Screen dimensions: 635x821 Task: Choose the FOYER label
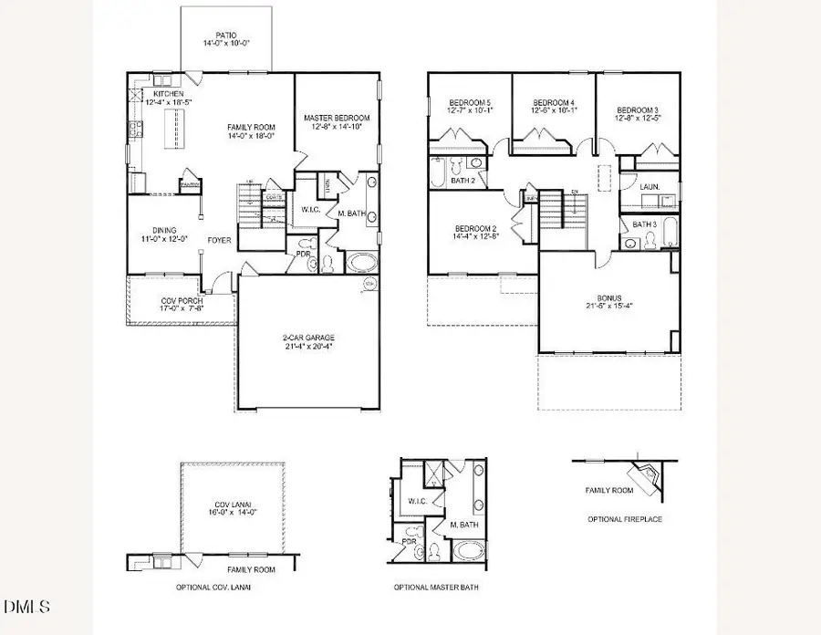(219, 241)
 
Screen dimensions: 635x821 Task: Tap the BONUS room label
(608, 302)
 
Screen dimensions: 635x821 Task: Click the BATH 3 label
(645, 224)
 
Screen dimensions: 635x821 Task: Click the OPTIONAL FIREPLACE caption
(625, 519)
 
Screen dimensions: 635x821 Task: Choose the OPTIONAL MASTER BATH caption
(435, 588)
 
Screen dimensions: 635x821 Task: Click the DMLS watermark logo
(28, 607)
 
